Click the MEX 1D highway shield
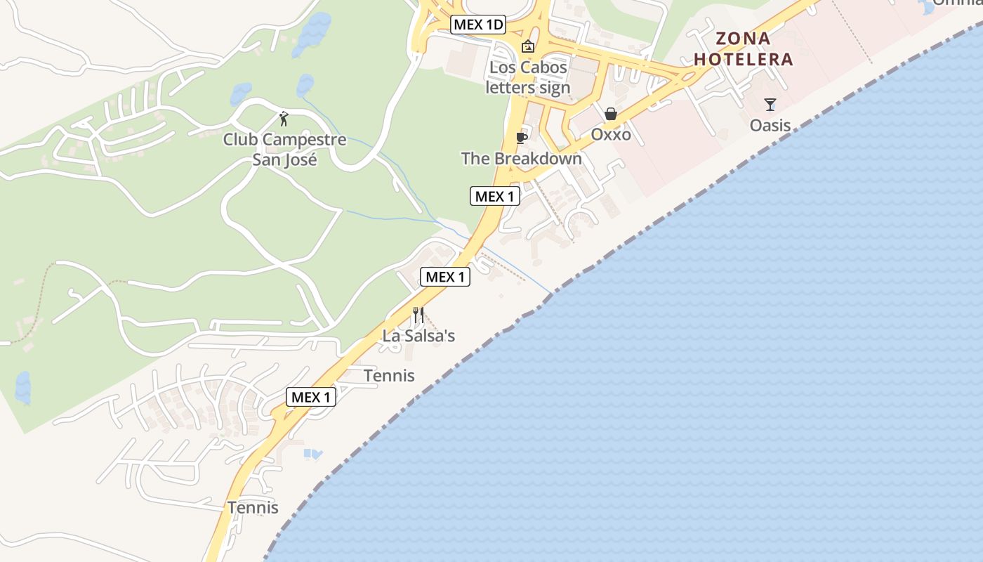tap(478, 25)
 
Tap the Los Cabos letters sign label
tap(528, 78)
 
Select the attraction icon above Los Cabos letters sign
tap(528, 46)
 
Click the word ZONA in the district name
tap(743, 39)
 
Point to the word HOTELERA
tap(744, 59)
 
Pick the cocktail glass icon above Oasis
tap(770, 105)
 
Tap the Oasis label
tap(770, 126)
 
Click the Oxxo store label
tap(611, 134)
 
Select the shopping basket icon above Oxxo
tap(611, 114)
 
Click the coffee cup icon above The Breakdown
tap(521, 138)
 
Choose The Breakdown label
tap(521, 159)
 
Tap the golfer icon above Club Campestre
tap(284, 119)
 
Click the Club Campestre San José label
tap(284, 150)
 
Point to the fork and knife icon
tap(418, 315)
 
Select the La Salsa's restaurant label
tap(418, 336)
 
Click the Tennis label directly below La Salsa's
tap(389, 376)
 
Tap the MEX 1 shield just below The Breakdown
tap(495, 197)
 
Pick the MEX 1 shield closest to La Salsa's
tap(445, 277)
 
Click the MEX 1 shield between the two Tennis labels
tap(311, 397)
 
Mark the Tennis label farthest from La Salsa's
tap(253, 507)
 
